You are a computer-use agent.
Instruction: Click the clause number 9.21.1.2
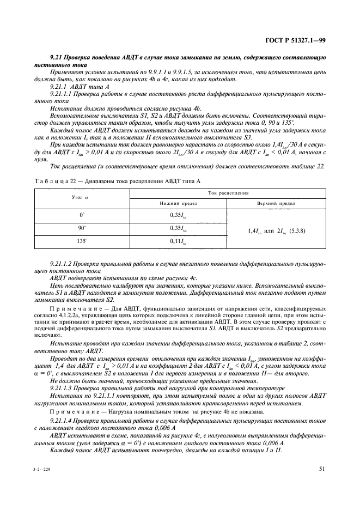coord(63,263)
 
